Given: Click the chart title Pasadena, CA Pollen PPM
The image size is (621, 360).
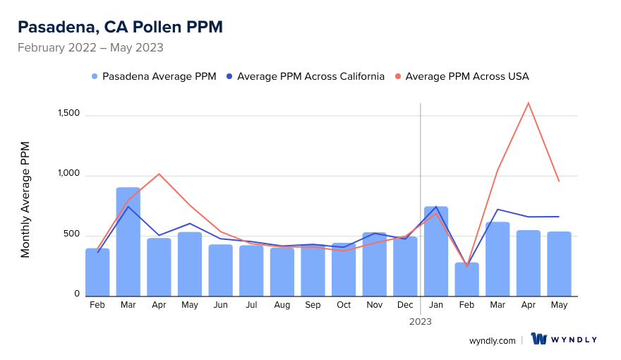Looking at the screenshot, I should [x=120, y=27].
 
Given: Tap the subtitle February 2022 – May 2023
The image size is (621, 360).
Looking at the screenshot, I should [x=90, y=48].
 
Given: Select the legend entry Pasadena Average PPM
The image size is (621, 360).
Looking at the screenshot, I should [x=154, y=76].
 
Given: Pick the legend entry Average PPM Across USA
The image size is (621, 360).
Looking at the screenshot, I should [x=466, y=76].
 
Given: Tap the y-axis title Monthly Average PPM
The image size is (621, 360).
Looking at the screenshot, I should [x=25, y=200].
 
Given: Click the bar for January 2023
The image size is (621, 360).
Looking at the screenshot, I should [x=436, y=251].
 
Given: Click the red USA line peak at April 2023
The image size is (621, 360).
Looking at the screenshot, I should [x=528, y=103].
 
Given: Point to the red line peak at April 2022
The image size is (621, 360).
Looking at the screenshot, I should [x=159, y=174].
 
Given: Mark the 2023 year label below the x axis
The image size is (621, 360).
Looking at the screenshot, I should [x=421, y=321].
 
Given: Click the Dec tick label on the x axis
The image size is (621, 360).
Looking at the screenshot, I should [x=405, y=305].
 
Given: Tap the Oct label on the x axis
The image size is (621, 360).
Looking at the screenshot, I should [x=344, y=305].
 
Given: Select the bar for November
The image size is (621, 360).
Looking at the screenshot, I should [x=375, y=264].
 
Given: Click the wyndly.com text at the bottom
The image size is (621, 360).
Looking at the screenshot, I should [x=493, y=340].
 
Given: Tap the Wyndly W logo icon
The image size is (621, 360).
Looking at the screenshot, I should [x=539, y=339].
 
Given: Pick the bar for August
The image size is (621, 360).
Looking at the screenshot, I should [x=282, y=272].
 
